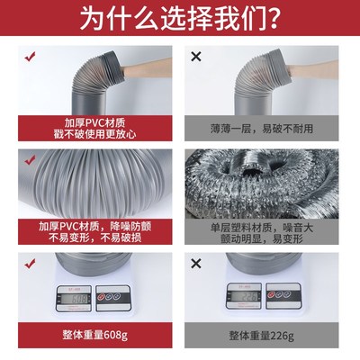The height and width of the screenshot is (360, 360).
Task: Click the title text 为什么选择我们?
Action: (180, 20)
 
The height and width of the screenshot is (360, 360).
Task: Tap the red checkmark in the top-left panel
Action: (30, 58)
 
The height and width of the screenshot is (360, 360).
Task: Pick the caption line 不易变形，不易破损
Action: (91, 239)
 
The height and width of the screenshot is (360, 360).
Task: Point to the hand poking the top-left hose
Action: (144, 68)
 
